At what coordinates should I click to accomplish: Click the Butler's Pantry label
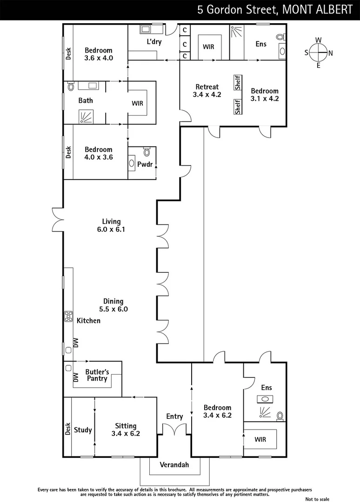point(96,375)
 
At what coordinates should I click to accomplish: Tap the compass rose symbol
point(318,53)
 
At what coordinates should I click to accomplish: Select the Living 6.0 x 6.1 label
point(112,225)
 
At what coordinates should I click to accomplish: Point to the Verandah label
point(174,464)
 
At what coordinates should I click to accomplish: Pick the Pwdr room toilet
point(147,152)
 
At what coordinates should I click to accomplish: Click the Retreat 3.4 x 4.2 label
point(207,91)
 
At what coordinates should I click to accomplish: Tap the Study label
point(83,430)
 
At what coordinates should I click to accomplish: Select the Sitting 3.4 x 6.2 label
point(126,429)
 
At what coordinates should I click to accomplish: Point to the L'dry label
point(154,42)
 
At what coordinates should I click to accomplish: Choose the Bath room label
point(85,100)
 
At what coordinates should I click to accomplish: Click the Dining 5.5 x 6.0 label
point(113,305)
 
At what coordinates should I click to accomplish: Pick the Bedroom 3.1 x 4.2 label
point(264,95)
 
